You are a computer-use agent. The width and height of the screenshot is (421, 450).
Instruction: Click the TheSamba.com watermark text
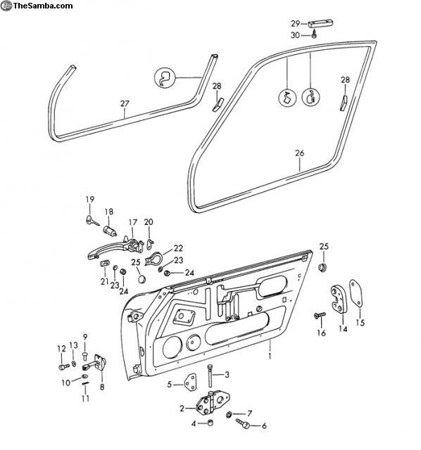[43, 6]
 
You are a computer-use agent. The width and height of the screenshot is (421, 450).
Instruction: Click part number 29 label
[296, 23]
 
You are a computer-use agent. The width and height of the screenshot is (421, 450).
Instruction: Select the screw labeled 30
[315, 34]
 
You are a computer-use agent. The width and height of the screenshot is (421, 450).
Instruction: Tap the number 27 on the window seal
[125, 103]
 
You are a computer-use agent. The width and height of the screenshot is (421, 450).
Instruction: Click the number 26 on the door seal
[299, 153]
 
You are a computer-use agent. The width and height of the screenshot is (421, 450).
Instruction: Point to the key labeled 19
[92, 220]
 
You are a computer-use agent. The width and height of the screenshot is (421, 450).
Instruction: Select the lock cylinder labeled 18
[110, 231]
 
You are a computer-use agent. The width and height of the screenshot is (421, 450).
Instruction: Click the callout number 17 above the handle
[133, 222]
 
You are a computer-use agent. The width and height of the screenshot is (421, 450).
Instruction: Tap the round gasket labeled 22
[154, 259]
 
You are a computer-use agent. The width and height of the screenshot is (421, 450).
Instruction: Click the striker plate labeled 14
[339, 299]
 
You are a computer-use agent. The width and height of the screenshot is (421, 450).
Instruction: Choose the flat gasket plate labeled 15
[356, 293]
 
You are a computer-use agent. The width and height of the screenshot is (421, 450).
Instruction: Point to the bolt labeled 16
[320, 315]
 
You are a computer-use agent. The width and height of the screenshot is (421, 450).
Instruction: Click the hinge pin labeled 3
[210, 375]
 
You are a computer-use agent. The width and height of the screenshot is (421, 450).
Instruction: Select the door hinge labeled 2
[213, 403]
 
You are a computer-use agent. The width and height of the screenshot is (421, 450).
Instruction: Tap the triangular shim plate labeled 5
[190, 382]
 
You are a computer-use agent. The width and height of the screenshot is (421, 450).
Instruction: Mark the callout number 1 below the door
[270, 356]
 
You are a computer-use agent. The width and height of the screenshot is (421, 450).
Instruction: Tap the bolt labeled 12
[64, 366]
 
